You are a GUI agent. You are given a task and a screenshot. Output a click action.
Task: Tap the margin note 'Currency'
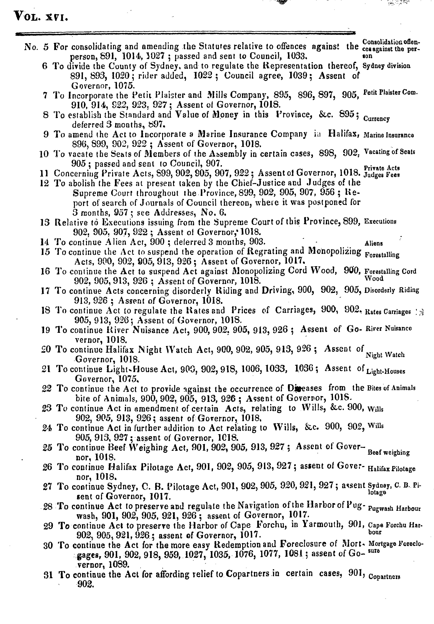point(377,119)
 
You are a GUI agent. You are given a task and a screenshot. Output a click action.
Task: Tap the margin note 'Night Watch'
point(385,355)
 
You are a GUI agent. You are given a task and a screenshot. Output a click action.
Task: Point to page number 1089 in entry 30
point(119,565)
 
